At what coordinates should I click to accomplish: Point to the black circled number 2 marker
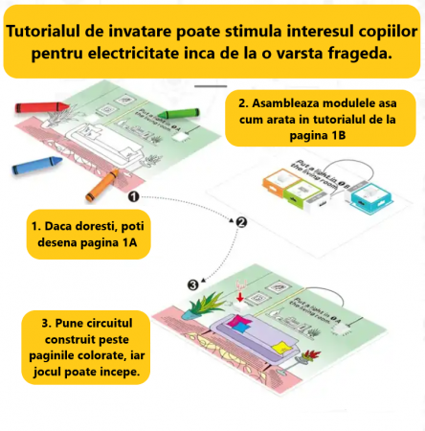pyautogui.click(x=241, y=222)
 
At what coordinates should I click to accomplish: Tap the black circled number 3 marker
pyautogui.click(x=192, y=284)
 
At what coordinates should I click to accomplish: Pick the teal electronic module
pyautogui.click(x=368, y=197)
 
